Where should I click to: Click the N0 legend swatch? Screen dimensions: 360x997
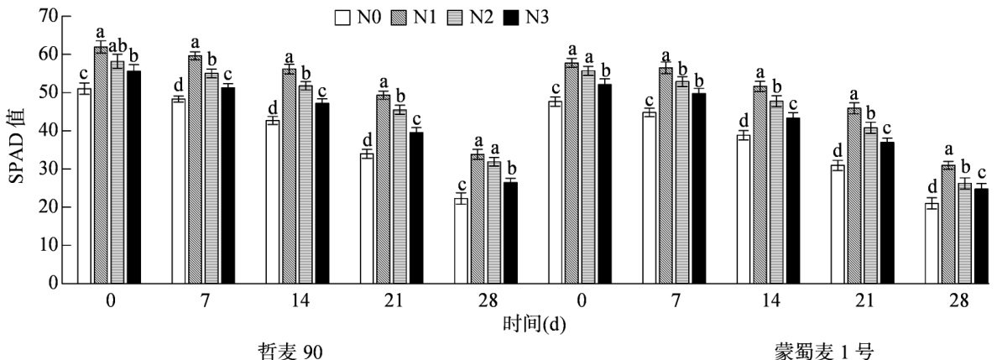(341, 16)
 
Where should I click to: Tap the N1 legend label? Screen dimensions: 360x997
(419, 16)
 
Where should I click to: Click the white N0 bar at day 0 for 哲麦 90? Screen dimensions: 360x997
(85, 185)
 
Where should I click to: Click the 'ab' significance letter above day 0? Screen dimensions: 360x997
(117, 44)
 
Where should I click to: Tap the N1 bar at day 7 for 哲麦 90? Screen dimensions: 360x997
(195, 169)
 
